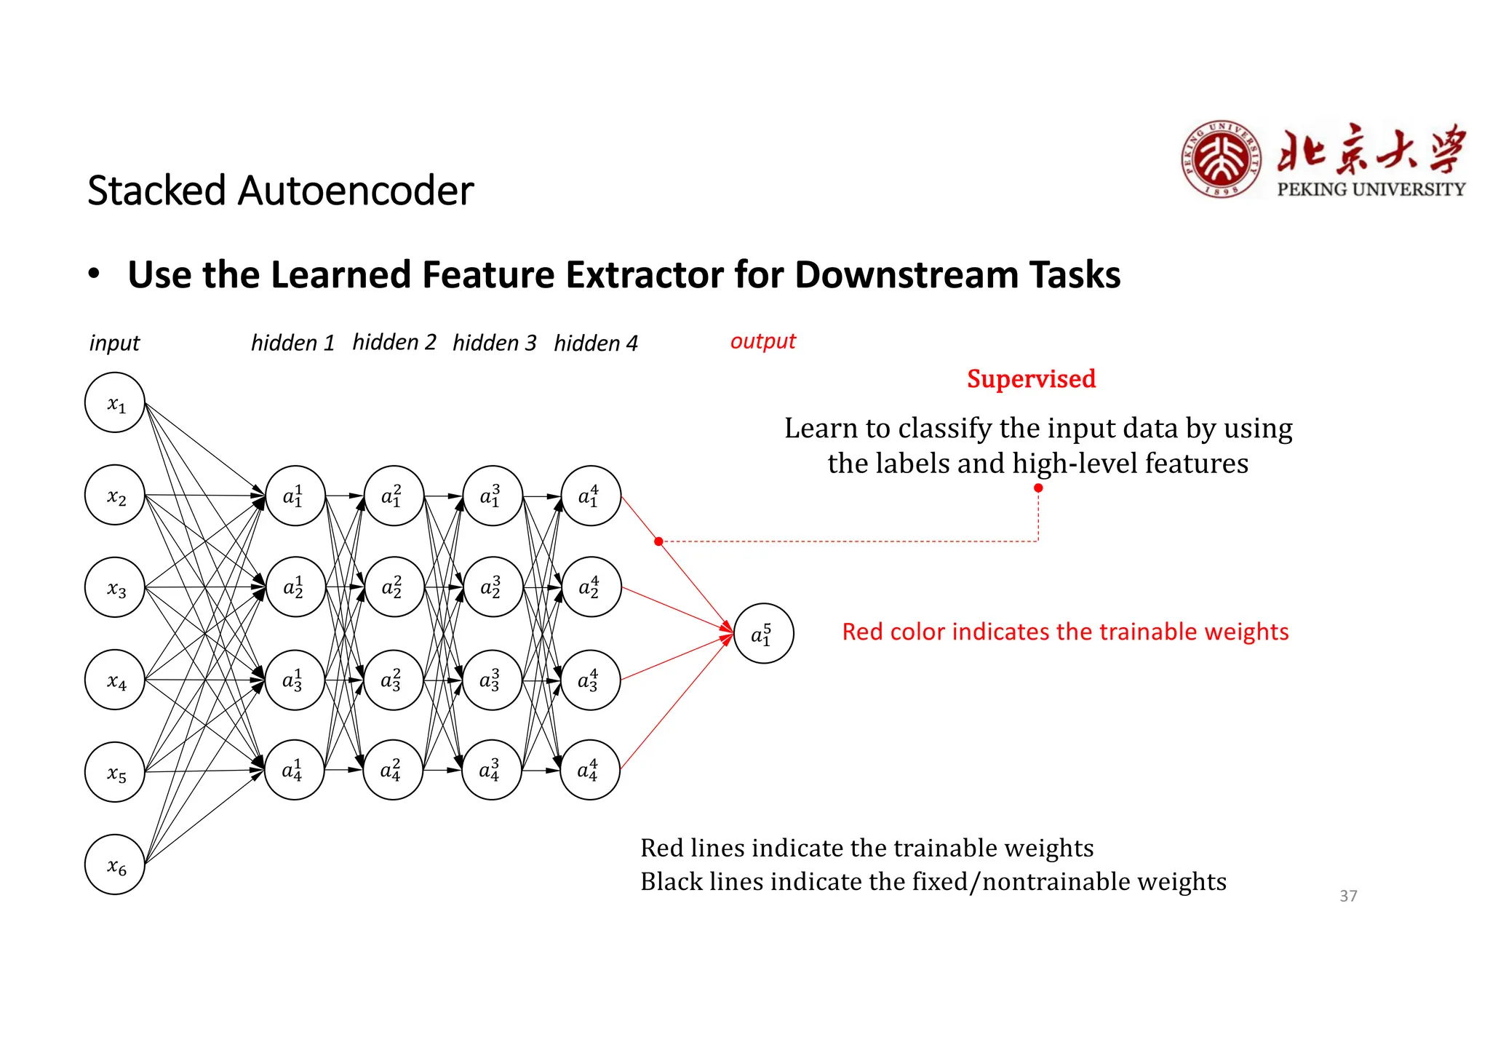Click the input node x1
[115, 402]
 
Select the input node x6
[115, 865]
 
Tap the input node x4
[115, 680]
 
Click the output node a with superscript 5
[763, 633]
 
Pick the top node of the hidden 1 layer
[295, 496]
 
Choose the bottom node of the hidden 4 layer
[590, 770]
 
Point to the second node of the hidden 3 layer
[493, 587]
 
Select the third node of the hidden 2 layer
[393, 680]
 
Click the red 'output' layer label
[763, 341]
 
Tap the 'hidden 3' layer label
[494, 343]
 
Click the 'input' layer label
[114, 343]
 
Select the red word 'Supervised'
[1031, 378]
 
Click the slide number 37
[1348, 896]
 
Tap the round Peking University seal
[1222, 160]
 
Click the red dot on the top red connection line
[658, 541]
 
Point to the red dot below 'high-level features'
[1038, 488]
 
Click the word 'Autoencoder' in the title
[356, 191]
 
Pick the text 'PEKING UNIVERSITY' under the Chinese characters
[1371, 189]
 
